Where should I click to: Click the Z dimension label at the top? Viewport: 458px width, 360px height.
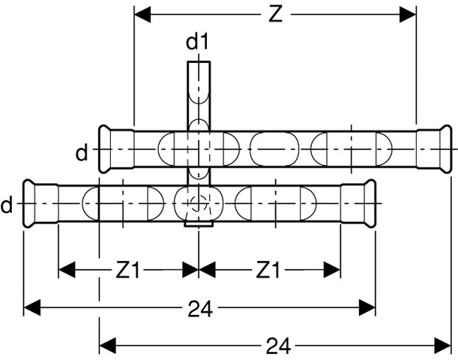[x=275, y=14]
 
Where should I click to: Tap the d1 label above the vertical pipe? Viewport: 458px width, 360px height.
[x=197, y=42]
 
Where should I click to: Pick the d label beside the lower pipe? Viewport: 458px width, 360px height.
[x=7, y=205]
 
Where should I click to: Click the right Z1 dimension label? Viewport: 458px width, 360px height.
[x=268, y=270]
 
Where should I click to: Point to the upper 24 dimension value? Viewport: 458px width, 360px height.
[x=200, y=309]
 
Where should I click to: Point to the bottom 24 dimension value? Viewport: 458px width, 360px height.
[x=278, y=345]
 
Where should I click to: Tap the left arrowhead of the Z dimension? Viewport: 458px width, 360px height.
[x=142, y=14]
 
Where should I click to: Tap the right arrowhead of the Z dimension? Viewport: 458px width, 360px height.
[x=408, y=14]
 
